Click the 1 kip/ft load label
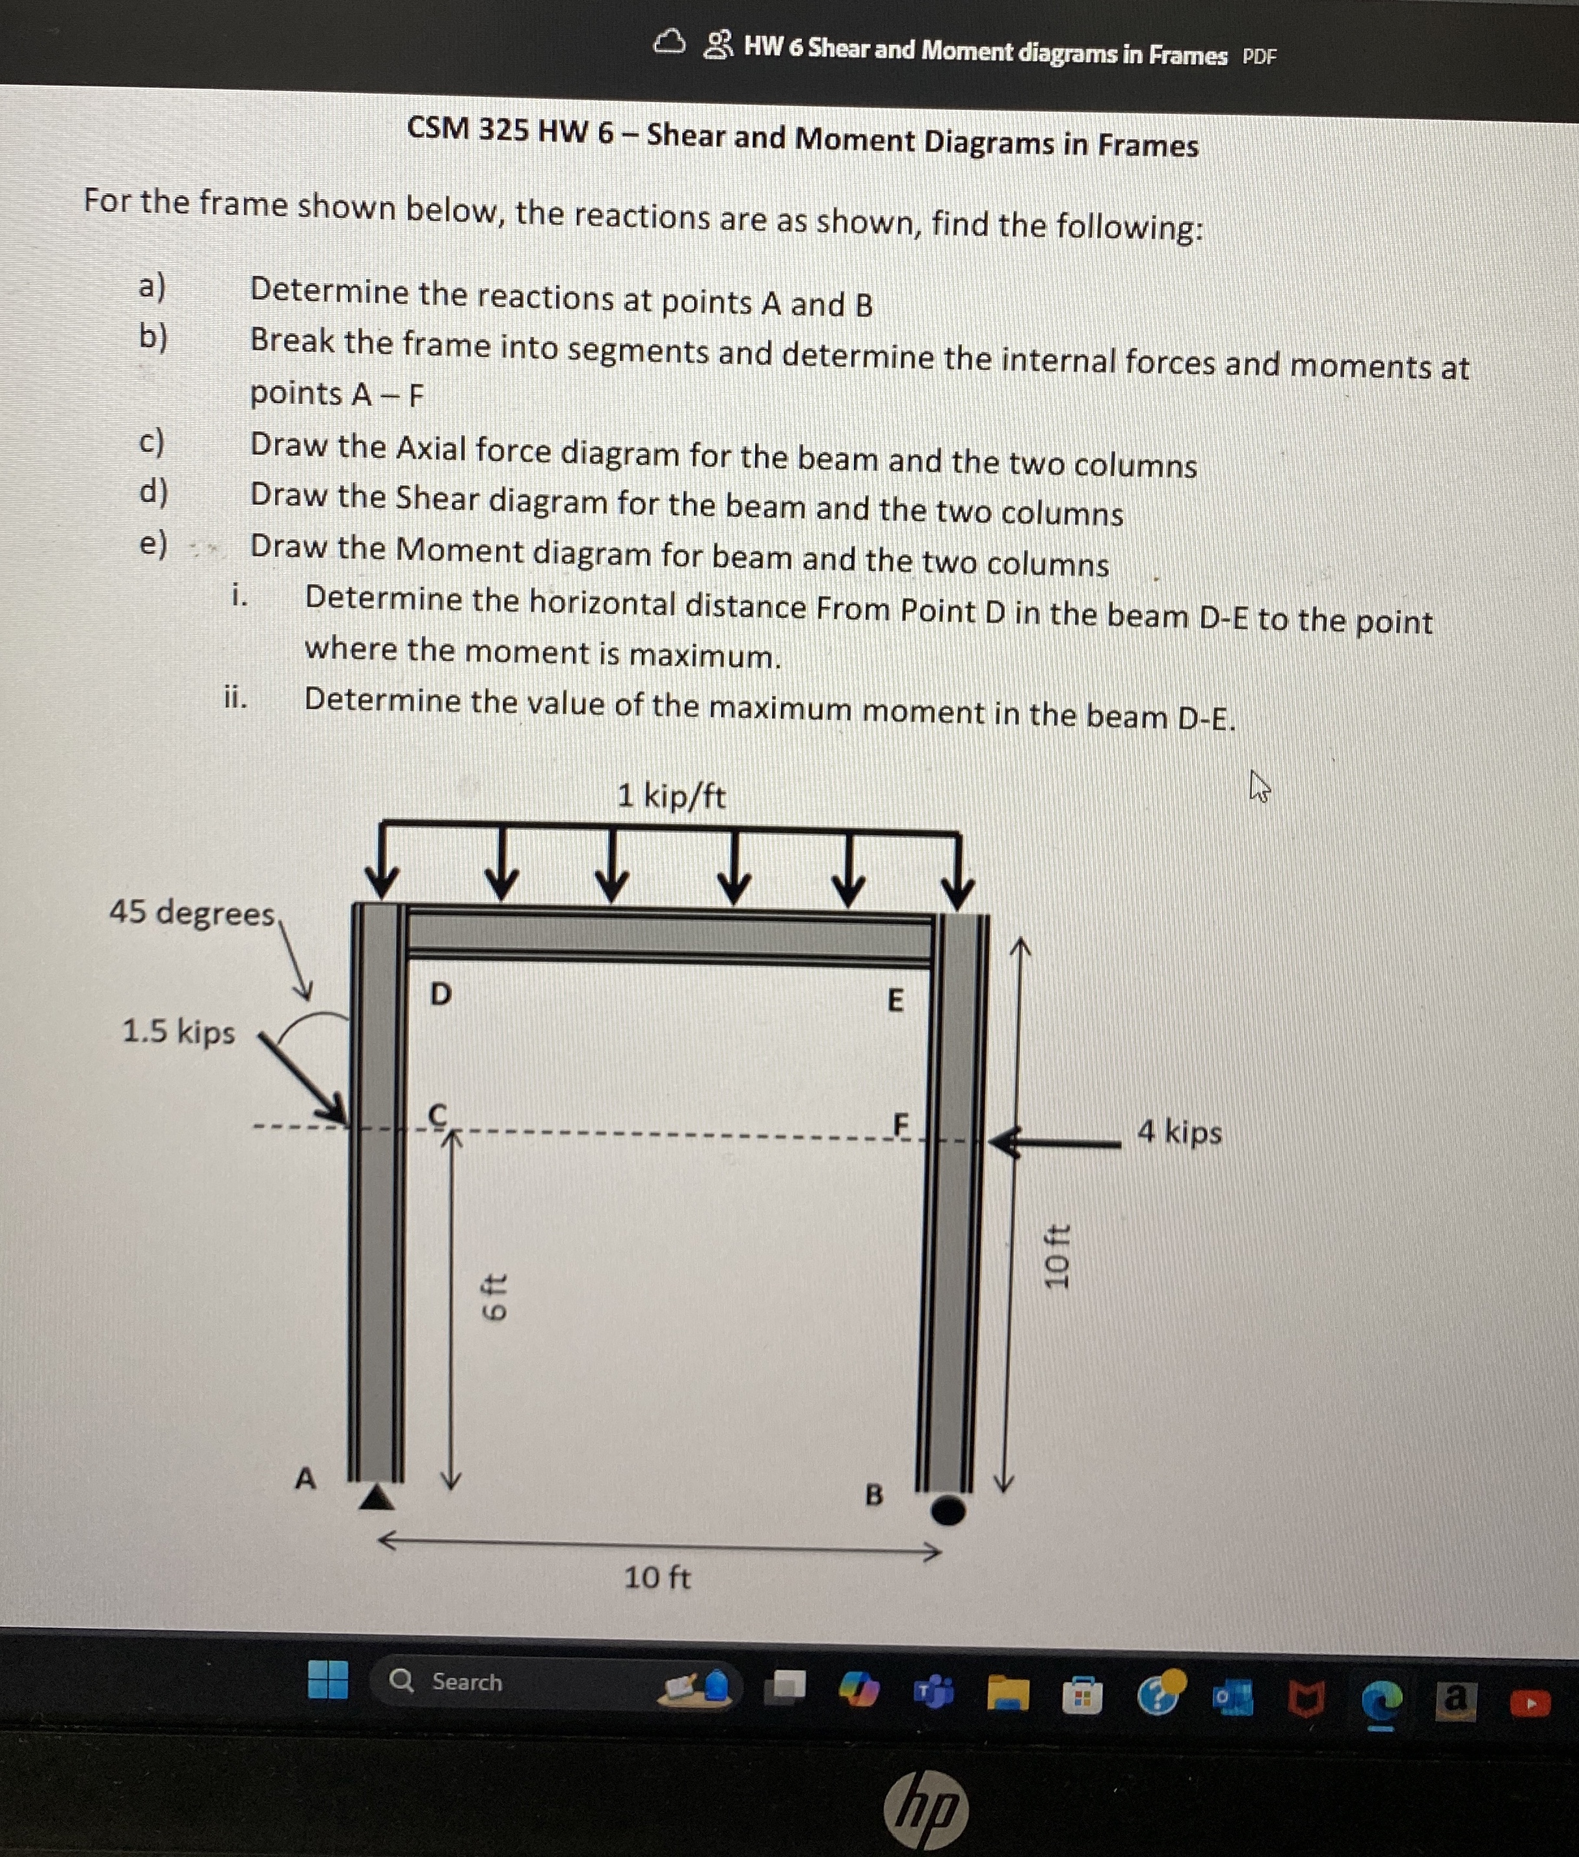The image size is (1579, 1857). point(671,795)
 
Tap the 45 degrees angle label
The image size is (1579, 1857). point(192,913)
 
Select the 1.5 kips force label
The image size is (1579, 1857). point(178,1032)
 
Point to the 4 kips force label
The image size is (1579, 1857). point(1179,1132)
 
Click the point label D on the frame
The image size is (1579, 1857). point(440,994)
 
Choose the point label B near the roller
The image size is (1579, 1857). point(873,1494)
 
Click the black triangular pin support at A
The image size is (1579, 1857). point(377,1496)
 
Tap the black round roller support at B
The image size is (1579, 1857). point(948,1510)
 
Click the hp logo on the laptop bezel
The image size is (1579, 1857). point(925,1810)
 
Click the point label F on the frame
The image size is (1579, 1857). point(901,1123)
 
